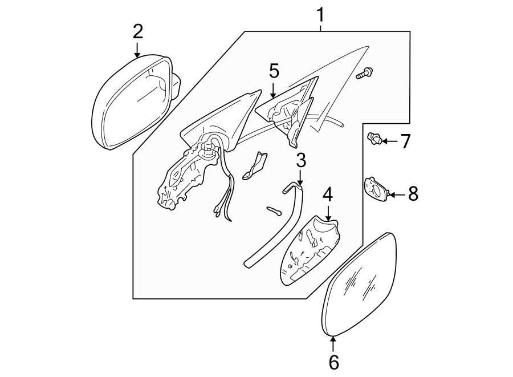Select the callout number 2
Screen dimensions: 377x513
tap(137, 31)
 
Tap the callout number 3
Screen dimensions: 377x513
tap(300, 160)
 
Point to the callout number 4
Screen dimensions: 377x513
tap(327, 195)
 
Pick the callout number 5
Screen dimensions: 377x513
tap(274, 71)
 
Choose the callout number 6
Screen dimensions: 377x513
tap(333, 361)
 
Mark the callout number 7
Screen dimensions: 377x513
tap(405, 141)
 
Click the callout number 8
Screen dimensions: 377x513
tap(412, 194)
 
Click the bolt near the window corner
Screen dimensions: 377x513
tap(364, 73)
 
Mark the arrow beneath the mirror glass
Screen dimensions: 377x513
tap(333, 343)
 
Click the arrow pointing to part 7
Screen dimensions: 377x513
tap(389, 140)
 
